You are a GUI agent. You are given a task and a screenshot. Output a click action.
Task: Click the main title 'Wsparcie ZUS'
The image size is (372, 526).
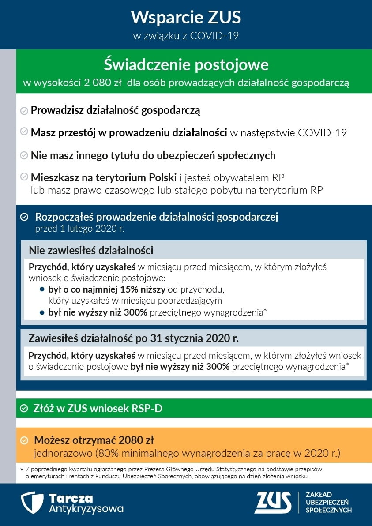[x=186, y=18]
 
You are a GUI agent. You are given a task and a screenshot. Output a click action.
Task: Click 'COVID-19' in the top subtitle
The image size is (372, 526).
[x=214, y=36]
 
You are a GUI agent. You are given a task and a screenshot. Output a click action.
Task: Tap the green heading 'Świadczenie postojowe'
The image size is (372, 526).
[x=186, y=65]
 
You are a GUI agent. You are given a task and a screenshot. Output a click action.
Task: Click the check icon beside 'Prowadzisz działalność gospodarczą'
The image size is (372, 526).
[x=24, y=111]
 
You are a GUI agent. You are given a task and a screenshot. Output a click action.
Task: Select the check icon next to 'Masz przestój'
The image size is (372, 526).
[x=24, y=132]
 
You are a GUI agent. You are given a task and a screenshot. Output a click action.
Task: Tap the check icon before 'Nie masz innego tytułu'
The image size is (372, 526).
[x=24, y=155]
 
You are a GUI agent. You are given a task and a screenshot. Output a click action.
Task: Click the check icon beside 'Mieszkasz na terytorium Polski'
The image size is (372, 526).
[x=24, y=177]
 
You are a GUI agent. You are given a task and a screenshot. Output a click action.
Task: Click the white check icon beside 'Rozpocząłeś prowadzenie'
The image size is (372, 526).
[x=25, y=217]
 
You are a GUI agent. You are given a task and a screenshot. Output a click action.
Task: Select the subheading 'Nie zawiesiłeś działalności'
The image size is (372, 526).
[x=91, y=250]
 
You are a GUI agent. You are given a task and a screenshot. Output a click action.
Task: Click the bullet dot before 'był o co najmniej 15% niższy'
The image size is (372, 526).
[x=42, y=290]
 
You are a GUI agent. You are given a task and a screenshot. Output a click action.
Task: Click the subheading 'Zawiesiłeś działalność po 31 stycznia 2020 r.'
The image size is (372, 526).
[x=133, y=338]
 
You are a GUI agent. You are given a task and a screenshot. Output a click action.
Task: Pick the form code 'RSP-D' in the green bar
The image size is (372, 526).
[x=147, y=409]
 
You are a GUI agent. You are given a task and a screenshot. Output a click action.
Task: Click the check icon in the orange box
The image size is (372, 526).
[x=25, y=440]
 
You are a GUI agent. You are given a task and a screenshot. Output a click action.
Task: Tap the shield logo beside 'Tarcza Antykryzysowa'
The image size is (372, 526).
[x=32, y=503]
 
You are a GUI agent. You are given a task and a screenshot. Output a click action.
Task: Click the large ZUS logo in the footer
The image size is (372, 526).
[x=273, y=503]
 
